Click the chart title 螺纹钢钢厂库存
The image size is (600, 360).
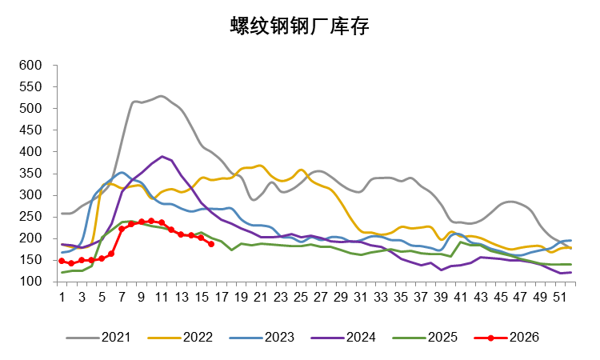coord(299,27)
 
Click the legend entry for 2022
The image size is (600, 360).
coord(198,337)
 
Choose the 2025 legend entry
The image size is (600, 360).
coord(442,337)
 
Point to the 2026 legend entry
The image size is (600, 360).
coord(524,337)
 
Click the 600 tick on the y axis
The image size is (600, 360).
coord(30,65)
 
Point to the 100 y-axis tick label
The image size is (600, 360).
coord(30,282)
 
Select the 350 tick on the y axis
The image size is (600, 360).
coord(30,174)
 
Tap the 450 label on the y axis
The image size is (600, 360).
coord(30,130)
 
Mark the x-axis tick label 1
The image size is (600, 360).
coord(62,297)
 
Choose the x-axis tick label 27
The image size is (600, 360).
coord(320,297)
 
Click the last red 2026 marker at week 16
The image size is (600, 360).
coord(211,244)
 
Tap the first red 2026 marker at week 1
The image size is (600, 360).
coord(62,261)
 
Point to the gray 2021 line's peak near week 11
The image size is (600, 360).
coord(162,96)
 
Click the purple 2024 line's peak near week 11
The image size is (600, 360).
coord(162,157)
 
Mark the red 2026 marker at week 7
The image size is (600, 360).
coord(122,229)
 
